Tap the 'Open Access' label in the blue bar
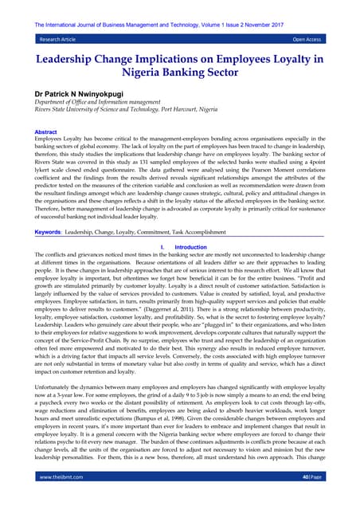click(306, 37)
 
